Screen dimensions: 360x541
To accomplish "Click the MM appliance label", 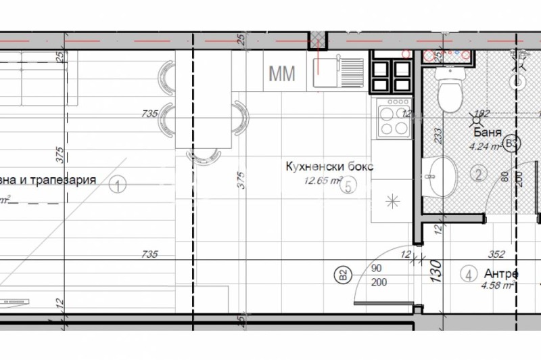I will point(282,74).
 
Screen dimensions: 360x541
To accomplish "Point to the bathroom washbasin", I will point(443,177).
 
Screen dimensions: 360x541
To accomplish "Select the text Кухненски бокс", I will point(329,166).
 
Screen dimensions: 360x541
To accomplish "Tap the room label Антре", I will point(501,274).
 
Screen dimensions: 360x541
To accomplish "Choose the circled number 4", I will point(468,275).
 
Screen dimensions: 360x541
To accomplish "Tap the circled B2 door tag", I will point(343,275).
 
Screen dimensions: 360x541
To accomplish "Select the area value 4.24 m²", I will point(484,144).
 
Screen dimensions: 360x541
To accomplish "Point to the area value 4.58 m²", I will point(499,286).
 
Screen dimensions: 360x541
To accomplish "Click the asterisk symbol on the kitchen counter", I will point(391,200).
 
